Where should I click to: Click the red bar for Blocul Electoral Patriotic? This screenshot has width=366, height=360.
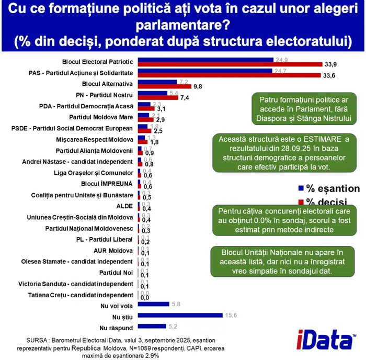click(x=230, y=64)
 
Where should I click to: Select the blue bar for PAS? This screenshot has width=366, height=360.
click(x=204, y=71)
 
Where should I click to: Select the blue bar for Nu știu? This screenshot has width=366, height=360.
click(x=177, y=315)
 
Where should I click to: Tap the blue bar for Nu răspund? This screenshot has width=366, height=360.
click(x=152, y=326)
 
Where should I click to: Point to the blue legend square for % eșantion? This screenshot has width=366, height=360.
click(x=301, y=188)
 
